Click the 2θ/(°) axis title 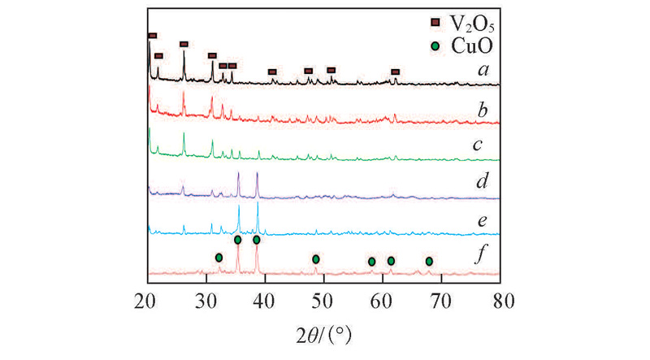[323, 333]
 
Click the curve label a [483, 72]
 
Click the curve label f [483, 261]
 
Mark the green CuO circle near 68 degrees [429, 261]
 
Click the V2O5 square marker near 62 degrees [396, 72]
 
